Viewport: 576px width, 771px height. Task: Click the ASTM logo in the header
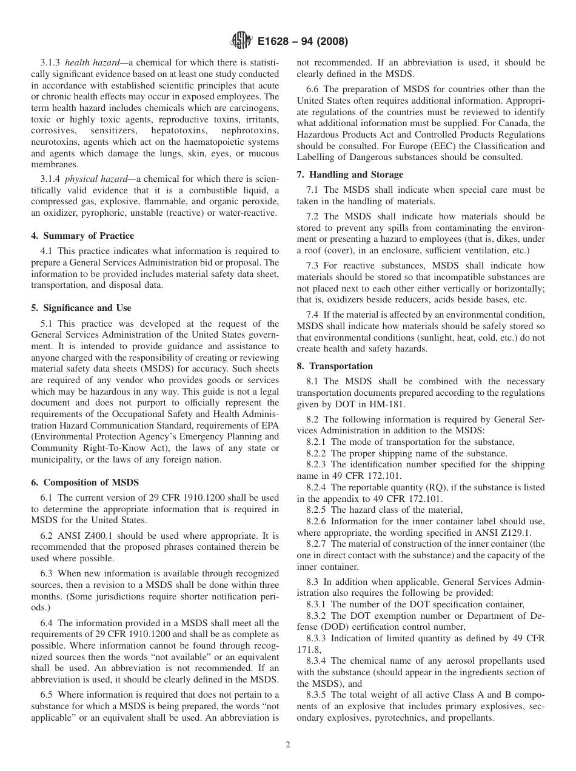pyautogui.click(x=243, y=42)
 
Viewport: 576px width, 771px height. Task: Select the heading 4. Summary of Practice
pyautogui.click(x=82, y=236)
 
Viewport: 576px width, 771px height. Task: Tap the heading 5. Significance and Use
pyautogui.click(x=81, y=308)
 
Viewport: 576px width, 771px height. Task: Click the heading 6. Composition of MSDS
pyautogui.click(x=85, y=482)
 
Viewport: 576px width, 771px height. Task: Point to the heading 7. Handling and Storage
pyautogui.click(x=350, y=175)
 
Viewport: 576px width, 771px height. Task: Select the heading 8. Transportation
pyautogui.click(x=335, y=366)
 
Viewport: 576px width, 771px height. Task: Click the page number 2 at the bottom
pyautogui.click(x=288, y=745)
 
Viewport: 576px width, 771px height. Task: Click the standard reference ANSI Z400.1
pyautogui.click(x=82, y=536)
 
